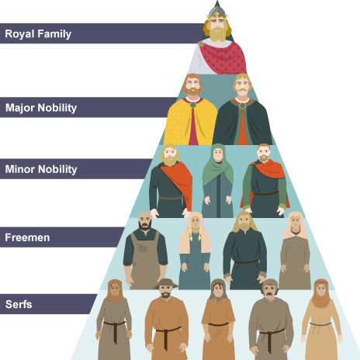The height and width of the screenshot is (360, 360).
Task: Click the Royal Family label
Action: coord(38,34)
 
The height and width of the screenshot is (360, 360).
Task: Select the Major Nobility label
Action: coord(41,108)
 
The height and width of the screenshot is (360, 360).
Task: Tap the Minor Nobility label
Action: coord(41,169)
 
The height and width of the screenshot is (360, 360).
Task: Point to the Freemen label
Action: coord(27,237)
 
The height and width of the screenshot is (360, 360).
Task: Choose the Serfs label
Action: coord(19,304)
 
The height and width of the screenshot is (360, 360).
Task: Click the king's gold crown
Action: coord(217,16)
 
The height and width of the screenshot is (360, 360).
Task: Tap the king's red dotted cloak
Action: coord(223,58)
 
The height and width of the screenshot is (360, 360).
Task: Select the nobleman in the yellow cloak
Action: coord(191,109)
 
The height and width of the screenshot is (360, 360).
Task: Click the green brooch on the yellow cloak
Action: coord(193,105)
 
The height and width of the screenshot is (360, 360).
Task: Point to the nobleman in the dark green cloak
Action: coord(242,109)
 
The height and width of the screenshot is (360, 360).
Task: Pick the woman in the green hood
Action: coord(218,181)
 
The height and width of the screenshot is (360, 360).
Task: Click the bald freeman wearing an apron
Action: coord(145,251)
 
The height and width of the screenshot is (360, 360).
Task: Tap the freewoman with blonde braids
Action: coord(195,251)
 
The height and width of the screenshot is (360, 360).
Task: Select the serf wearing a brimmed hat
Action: coord(166,320)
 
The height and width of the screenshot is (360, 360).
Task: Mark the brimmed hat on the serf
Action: coord(165,283)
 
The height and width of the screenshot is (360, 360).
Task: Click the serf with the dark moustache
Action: coord(270,320)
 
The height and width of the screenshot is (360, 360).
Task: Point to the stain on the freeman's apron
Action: coord(142,247)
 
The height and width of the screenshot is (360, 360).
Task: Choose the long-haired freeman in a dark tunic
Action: coord(245,251)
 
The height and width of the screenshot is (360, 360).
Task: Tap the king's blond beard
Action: coord(218,34)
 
